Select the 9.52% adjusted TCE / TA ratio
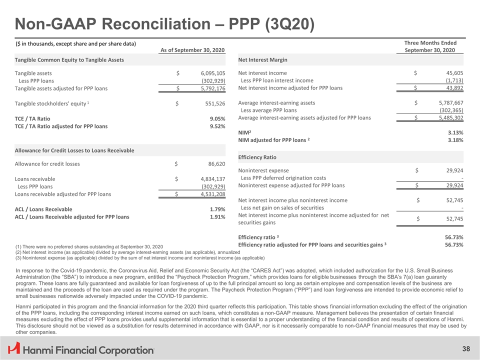(x=216, y=126)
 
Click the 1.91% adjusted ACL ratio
(x=216, y=217)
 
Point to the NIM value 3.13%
(x=453, y=132)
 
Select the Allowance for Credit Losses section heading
(x=74, y=150)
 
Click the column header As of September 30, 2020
(x=192, y=50)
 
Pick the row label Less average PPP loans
(x=268, y=110)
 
